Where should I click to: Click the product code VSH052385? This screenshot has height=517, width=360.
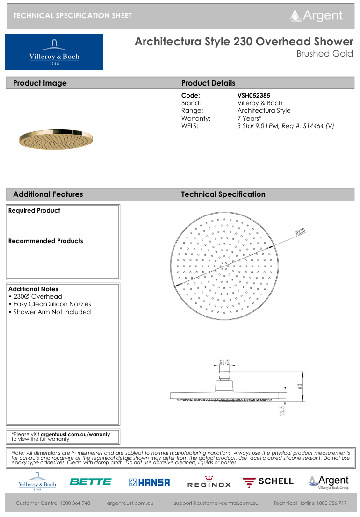[x=254, y=95]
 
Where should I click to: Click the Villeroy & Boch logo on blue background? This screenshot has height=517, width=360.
[x=54, y=52]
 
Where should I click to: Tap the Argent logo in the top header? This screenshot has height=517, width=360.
[x=317, y=15]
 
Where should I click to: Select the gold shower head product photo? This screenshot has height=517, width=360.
[x=56, y=139]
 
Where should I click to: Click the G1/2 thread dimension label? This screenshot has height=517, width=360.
[x=225, y=362]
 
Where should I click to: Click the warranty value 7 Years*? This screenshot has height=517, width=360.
[x=250, y=118]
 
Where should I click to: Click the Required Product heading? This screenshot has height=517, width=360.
[x=34, y=211]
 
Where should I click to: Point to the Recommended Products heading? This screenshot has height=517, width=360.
[x=45, y=241]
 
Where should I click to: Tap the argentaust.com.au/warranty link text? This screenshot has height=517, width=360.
[x=75, y=434]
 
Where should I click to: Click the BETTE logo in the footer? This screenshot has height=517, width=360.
[x=90, y=481]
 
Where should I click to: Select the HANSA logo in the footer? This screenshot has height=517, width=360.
[x=150, y=482]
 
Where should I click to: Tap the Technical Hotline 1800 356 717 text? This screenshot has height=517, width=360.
[x=310, y=503]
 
